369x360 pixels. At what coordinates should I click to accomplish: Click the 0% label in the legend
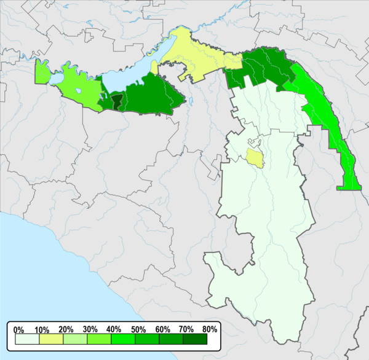(17, 329)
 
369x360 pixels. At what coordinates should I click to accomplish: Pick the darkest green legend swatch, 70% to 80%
(196, 338)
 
